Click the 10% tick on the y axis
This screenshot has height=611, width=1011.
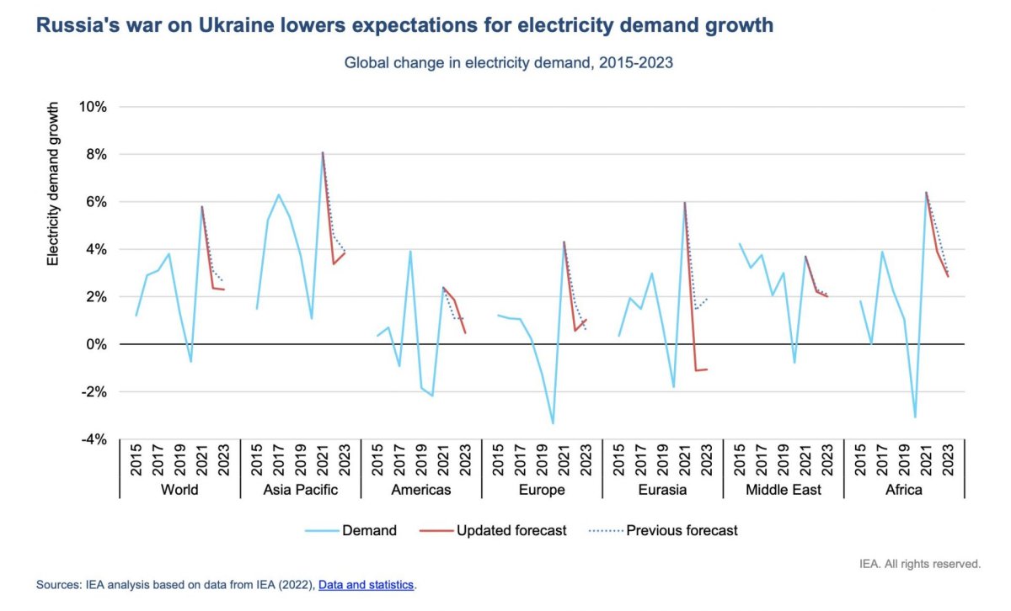[x=94, y=107]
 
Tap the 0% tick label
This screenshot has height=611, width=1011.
[x=98, y=344]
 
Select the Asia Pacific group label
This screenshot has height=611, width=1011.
[x=301, y=490]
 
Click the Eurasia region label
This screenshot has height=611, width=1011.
[x=663, y=490]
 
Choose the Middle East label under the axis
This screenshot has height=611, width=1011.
[x=783, y=490]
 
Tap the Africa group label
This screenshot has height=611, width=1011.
[x=904, y=490]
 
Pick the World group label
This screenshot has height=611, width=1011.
[x=179, y=490]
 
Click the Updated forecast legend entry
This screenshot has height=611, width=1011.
[x=511, y=530]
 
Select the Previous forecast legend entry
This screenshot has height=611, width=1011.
[x=682, y=530]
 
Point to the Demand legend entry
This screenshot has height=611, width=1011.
[x=369, y=530]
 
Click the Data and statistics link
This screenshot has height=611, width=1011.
[x=366, y=584]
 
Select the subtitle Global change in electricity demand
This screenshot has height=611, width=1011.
[x=508, y=63]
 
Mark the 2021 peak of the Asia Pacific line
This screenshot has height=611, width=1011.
[x=323, y=152]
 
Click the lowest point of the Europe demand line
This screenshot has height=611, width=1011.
[x=553, y=423]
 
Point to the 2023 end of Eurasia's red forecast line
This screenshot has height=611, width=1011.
[x=707, y=369]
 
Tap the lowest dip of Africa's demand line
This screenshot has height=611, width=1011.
[x=915, y=417]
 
